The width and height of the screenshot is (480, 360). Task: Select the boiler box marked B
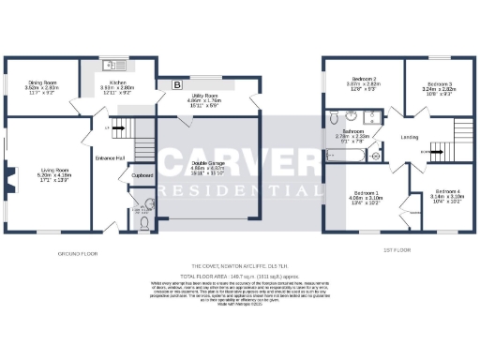click(x=177, y=83)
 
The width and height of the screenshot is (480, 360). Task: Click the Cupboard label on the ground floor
click(x=142, y=174)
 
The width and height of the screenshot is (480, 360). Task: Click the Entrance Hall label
click(x=106, y=158)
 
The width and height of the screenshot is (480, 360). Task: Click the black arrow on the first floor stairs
click(x=424, y=151)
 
